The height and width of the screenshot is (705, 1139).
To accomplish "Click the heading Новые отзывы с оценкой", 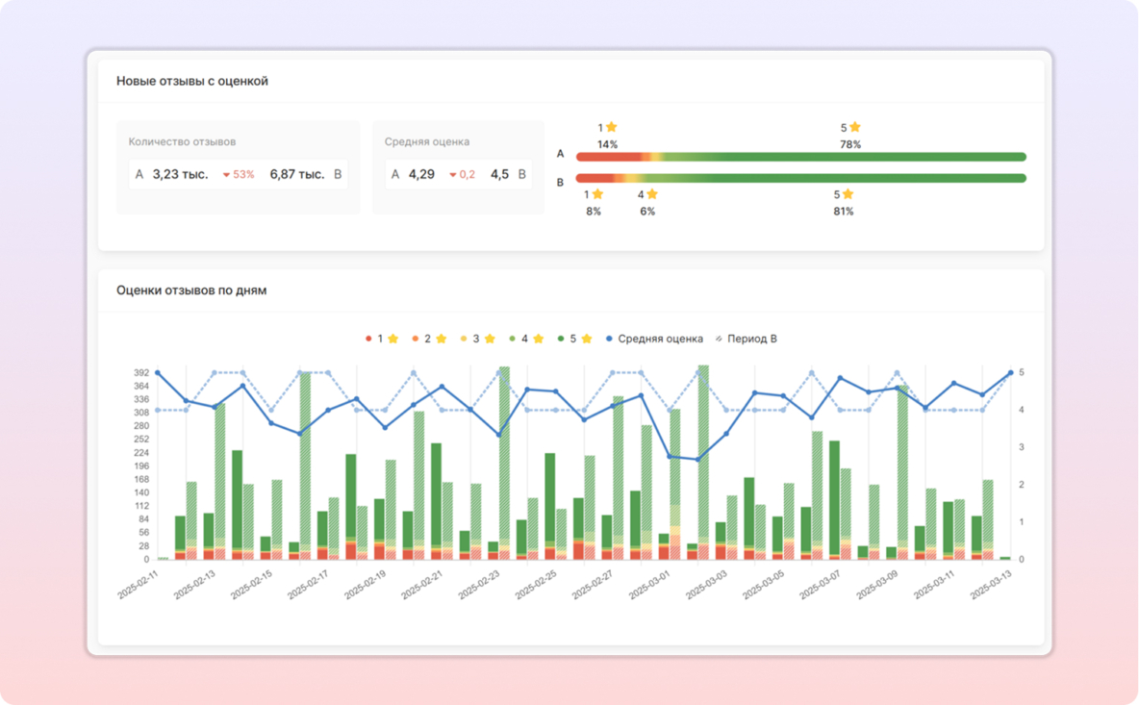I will point(192,82).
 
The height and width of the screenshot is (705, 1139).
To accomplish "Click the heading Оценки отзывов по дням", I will point(191,290).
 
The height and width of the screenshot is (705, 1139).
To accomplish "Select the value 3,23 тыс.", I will point(180,174).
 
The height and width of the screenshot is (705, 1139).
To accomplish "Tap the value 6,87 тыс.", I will point(297,174).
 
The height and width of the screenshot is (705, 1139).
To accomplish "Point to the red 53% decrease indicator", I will point(239,175).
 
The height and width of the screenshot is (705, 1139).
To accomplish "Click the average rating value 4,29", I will point(421,174).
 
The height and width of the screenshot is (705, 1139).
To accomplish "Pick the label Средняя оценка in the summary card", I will point(427,142).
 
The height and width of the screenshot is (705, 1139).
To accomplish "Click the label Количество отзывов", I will point(182,142).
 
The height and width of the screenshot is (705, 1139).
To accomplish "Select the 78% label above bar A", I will point(850,145).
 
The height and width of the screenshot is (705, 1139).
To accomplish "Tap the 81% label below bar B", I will point(844,212).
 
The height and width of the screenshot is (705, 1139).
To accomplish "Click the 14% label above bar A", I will point(607,145).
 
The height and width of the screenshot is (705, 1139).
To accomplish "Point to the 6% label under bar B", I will point(647,212).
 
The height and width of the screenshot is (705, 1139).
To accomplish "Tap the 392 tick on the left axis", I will point(141,373).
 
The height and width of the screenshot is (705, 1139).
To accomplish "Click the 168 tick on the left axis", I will point(141,479).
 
